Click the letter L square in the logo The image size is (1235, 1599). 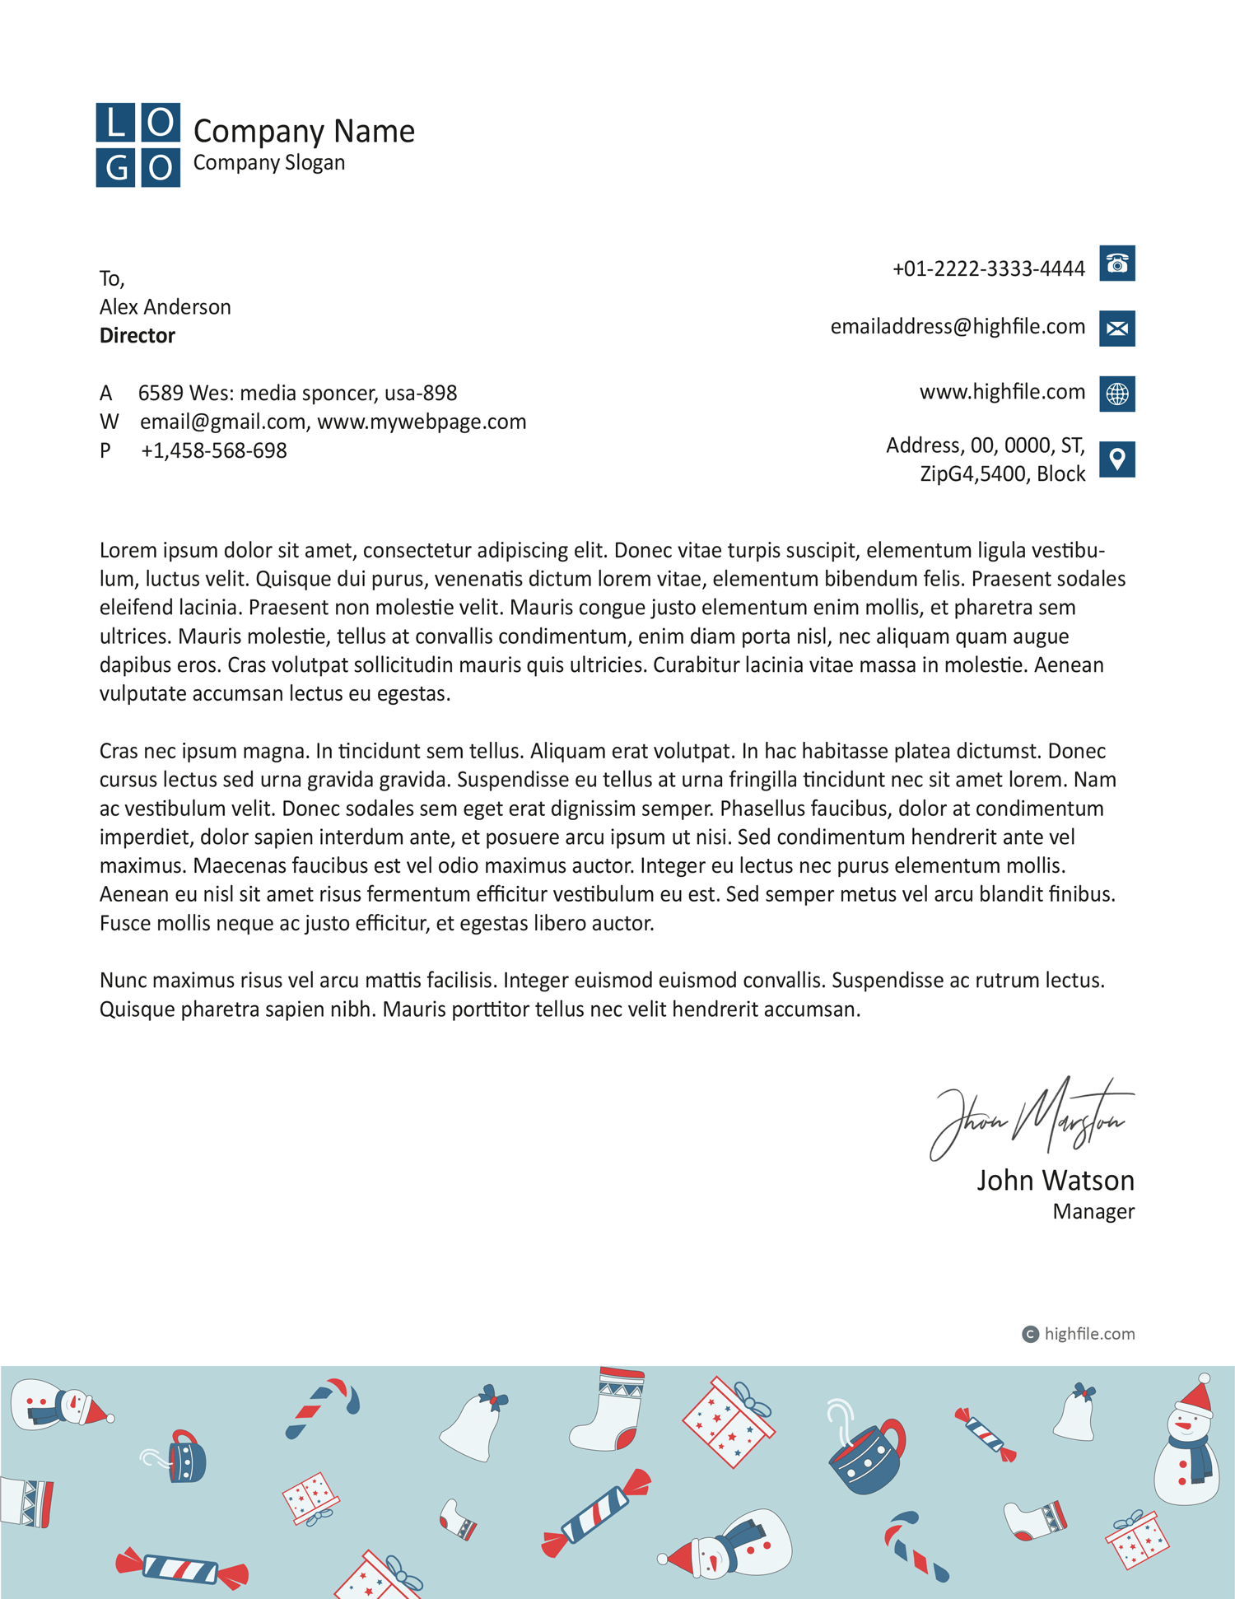pyautogui.click(x=115, y=123)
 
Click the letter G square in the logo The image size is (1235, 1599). pyautogui.click(x=115, y=168)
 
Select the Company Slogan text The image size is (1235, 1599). pyautogui.click(x=269, y=163)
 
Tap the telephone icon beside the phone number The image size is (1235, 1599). pyautogui.click(x=1116, y=263)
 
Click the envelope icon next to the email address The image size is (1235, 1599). pyautogui.click(x=1116, y=329)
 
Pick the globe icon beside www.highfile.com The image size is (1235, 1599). pyautogui.click(x=1116, y=394)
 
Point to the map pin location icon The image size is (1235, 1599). pyautogui.click(x=1116, y=459)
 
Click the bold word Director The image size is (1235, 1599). pyautogui.click(x=137, y=336)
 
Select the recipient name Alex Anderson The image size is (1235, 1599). pyautogui.click(x=165, y=307)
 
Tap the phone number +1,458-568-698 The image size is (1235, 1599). pyautogui.click(x=214, y=451)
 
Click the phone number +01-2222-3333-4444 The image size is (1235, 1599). pyautogui.click(x=988, y=269)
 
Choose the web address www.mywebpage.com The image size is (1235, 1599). pyautogui.click(x=422, y=422)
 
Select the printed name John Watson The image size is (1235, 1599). pyautogui.click(x=1055, y=1181)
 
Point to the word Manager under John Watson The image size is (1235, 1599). pyautogui.click(x=1093, y=1212)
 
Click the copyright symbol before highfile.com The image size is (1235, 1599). pyautogui.click(x=1030, y=1334)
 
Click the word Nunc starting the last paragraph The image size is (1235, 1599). pyautogui.click(x=123, y=981)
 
